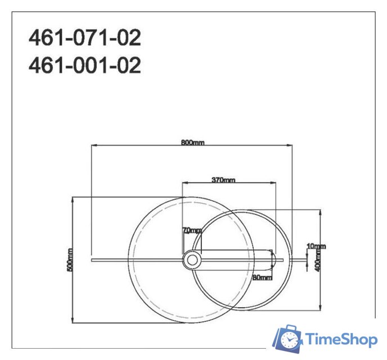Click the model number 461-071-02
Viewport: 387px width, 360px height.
coord(84,38)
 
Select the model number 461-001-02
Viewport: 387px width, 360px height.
coord(84,66)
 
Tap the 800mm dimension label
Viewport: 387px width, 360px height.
coord(192,142)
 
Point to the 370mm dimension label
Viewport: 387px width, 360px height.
coord(223,180)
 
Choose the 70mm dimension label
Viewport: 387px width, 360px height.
coord(191,230)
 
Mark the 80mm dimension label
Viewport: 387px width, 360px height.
coord(262,277)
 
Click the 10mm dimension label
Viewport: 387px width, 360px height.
coord(316,246)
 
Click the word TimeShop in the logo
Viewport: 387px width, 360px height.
coord(341,340)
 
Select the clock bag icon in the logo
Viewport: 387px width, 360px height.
coord(288,339)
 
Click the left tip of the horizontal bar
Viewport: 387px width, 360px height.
coord(91,259)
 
